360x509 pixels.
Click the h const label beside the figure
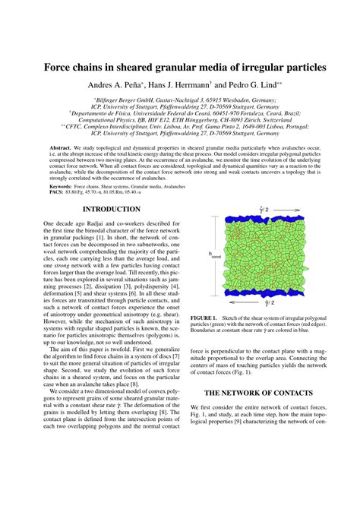coord(213,255)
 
